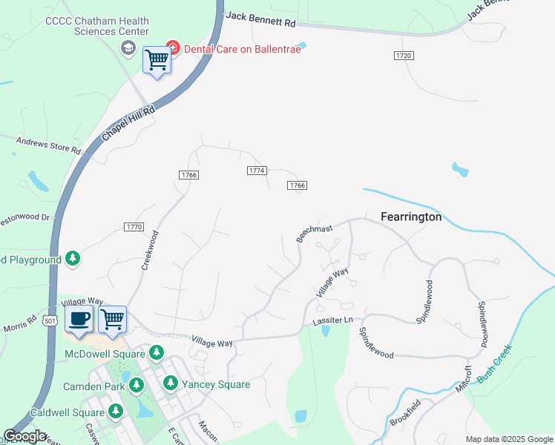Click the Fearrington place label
(411, 217)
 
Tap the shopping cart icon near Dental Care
(157, 59)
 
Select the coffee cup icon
(79, 318)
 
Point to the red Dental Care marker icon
(172, 47)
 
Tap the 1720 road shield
(404, 56)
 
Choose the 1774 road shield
(256, 171)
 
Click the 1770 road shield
(134, 226)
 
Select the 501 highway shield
(50, 320)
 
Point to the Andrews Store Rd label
(48, 144)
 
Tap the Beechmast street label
(315, 233)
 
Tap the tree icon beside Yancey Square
(171, 383)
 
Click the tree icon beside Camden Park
(137, 385)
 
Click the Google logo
(24, 436)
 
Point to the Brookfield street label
(406, 412)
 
